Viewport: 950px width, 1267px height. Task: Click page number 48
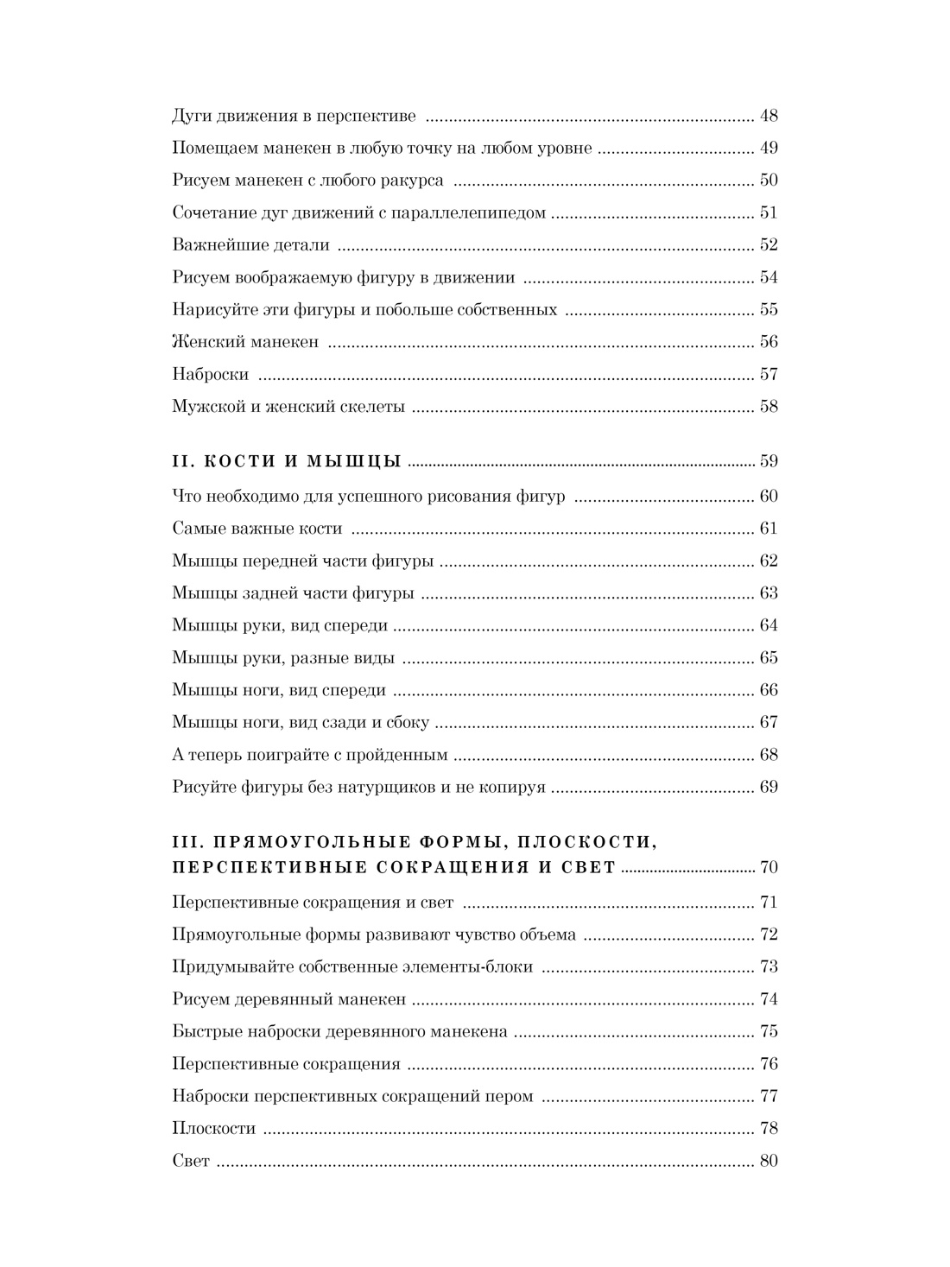(x=768, y=116)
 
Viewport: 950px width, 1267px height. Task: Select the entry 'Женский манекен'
(x=245, y=342)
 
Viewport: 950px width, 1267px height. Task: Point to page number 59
(x=768, y=461)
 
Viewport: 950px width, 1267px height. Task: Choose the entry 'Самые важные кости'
(x=256, y=529)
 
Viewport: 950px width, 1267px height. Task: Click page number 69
(x=768, y=787)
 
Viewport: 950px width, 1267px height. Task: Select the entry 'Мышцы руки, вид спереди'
(x=280, y=625)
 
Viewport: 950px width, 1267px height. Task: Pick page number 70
(x=768, y=867)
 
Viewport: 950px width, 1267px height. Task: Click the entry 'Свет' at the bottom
(x=191, y=1162)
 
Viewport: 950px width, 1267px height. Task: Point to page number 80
(x=768, y=1162)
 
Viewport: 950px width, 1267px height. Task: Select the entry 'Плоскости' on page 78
(x=213, y=1129)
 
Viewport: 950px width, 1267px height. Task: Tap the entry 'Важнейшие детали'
(x=250, y=245)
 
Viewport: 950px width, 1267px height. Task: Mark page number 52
(x=768, y=245)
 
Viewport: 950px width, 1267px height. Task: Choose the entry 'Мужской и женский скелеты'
(x=288, y=407)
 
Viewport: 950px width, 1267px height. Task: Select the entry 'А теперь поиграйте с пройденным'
(x=309, y=755)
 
